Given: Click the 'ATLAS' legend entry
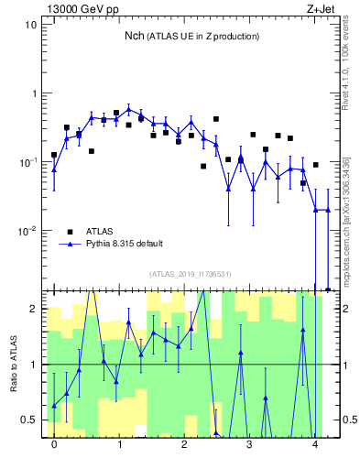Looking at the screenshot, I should coord(101,232).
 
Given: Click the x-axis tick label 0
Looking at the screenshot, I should coord(54,446).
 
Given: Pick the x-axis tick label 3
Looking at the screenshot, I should coord(250,446).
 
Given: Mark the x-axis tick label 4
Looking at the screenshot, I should coord(315,446).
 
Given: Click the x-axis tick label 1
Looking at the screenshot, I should coord(119,446).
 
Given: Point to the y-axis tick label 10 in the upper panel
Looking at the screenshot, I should coord(30,25).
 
